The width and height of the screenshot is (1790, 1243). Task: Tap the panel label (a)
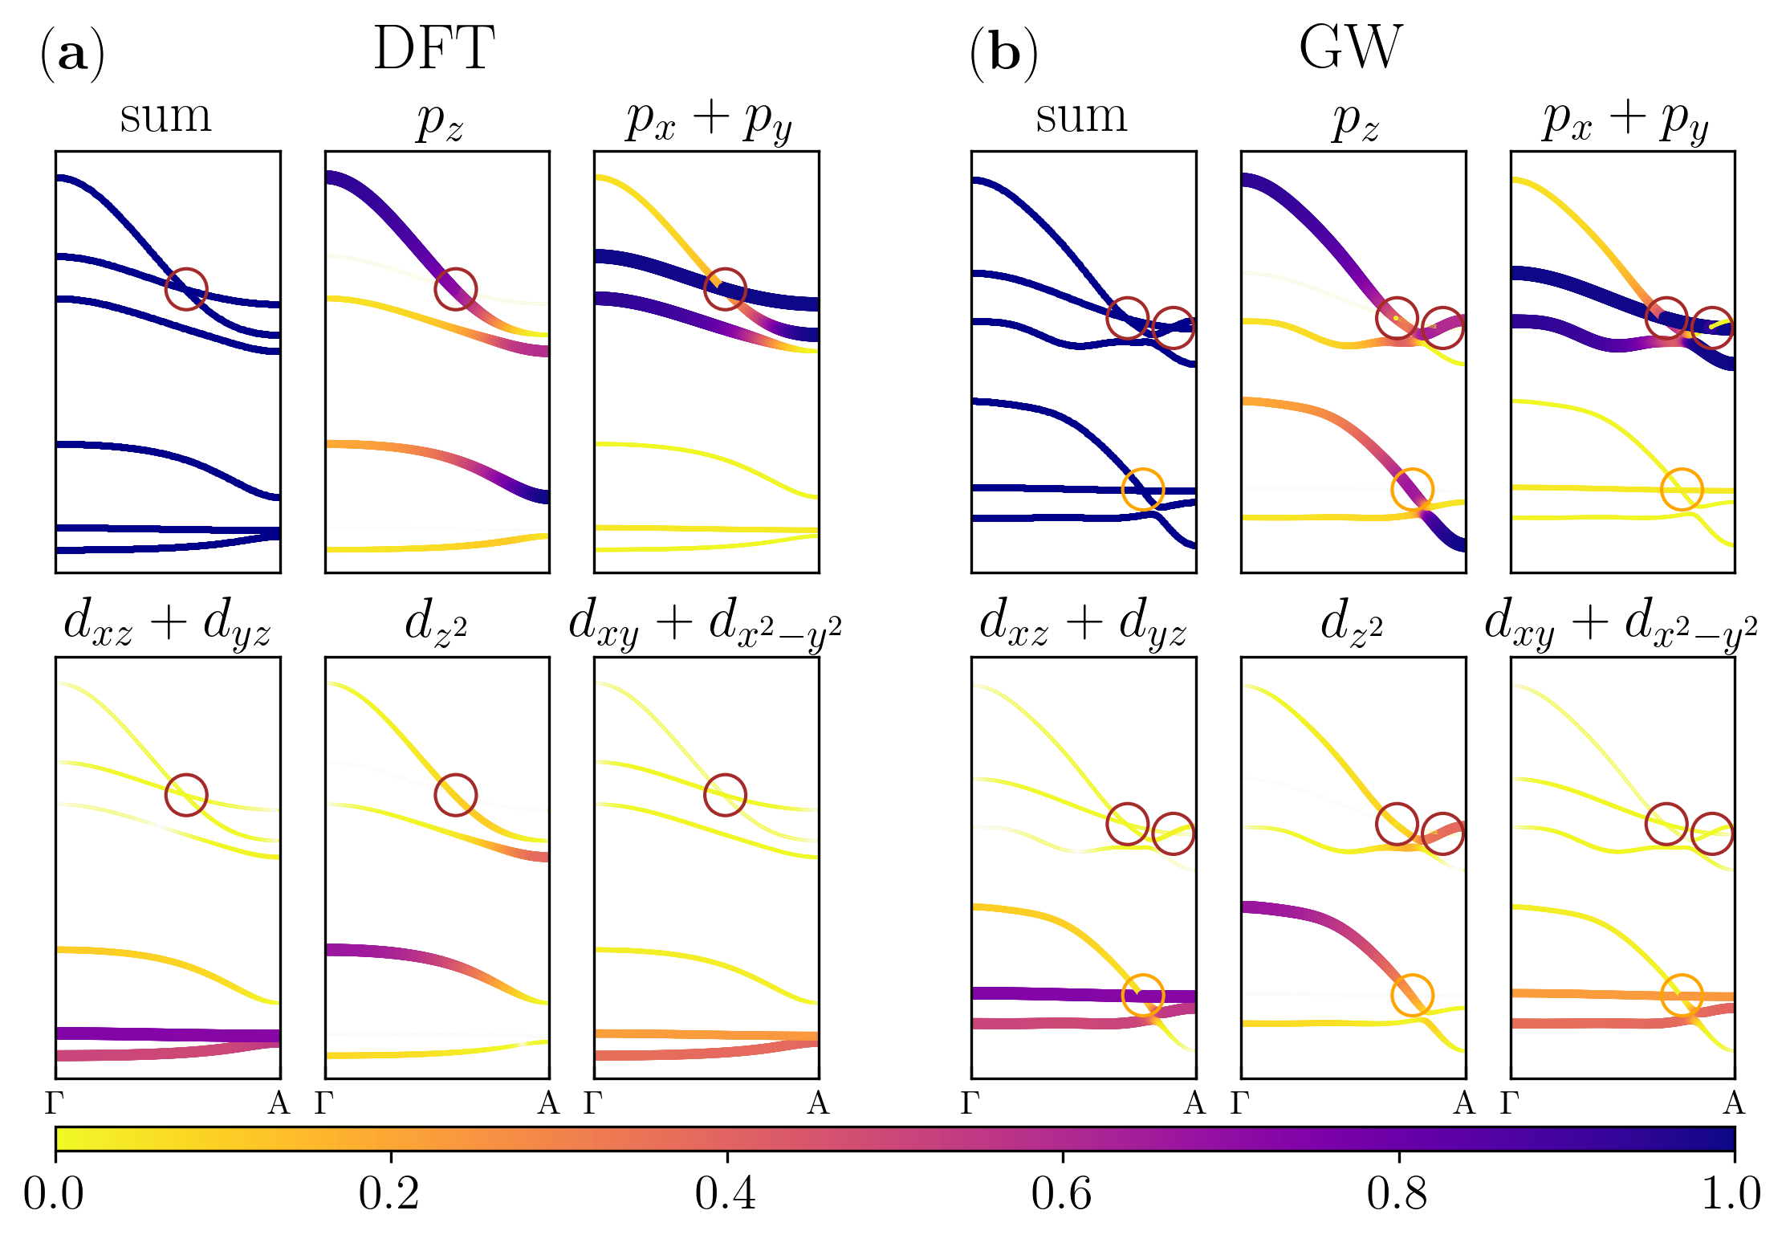72,55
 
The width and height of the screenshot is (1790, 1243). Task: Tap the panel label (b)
1003,55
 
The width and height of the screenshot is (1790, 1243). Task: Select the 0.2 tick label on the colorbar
389,1194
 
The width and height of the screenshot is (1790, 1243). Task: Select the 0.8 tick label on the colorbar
1397,1194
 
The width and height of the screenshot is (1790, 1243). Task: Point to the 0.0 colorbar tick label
53,1194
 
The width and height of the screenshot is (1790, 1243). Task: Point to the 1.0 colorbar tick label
1732,1194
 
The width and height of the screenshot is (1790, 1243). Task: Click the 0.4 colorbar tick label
726,1194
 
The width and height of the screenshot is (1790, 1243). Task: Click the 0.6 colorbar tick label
1062,1194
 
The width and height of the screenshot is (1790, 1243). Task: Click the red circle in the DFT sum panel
186,289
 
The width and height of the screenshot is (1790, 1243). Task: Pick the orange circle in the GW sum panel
1142,489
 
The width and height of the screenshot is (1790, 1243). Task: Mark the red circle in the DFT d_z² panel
456,795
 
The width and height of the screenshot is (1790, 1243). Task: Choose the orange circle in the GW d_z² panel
1412,995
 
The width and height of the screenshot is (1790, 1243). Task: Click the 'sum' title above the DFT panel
166,117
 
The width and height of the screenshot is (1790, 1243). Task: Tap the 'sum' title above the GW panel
1081,117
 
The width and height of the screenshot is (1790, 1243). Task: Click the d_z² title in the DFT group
437,623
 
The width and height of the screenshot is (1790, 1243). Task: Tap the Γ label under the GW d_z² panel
1240,1104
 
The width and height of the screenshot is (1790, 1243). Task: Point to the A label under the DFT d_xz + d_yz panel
279,1104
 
